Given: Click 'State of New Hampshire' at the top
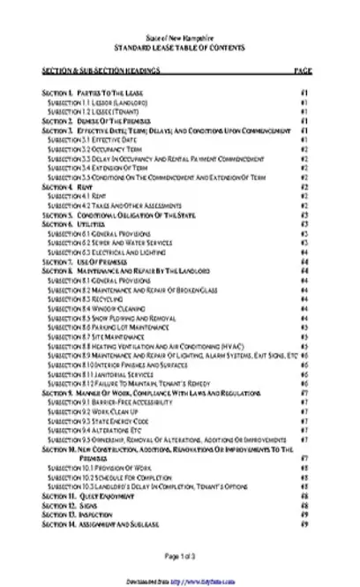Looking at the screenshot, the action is tap(179, 40).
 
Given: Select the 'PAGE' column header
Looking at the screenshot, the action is tap(302, 69).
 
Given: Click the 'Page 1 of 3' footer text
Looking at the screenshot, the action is tap(179, 555).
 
